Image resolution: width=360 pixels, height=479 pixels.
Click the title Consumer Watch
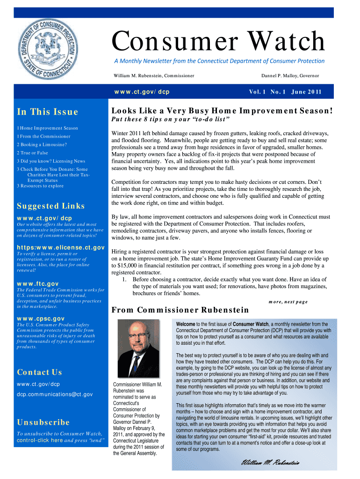pos(218,42)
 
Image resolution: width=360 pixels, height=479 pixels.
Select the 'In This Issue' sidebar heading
pos(47,112)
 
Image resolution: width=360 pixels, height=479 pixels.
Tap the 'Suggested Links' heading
pos(50,206)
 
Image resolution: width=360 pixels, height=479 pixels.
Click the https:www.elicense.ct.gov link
pos(60,247)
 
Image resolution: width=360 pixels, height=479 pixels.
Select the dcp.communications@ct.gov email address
pos(55,394)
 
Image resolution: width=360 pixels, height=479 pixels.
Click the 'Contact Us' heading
pos(39,372)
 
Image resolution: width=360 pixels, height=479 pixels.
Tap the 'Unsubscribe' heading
pos(43,422)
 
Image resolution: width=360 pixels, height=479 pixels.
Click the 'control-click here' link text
pos(39,441)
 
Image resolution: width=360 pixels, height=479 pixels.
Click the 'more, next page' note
pos(288,302)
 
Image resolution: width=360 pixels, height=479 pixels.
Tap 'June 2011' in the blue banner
pos(306,92)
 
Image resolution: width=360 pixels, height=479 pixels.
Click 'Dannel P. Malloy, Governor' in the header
pos(290,75)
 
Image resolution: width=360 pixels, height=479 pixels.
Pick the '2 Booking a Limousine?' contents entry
pos(42,145)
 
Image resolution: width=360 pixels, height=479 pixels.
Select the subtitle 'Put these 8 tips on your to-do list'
pos(170,119)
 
